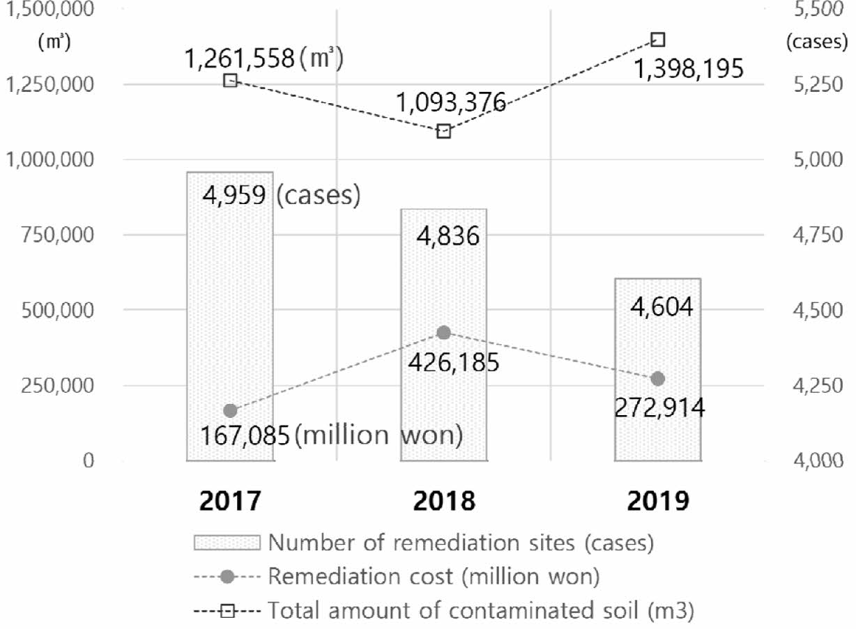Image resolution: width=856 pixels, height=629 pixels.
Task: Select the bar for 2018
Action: pyautogui.click(x=443, y=334)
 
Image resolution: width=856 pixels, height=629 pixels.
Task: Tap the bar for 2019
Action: pyautogui.click(x=657, y=369)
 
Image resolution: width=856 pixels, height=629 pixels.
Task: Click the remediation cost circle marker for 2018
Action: pyautogui.click(x=443, y=332)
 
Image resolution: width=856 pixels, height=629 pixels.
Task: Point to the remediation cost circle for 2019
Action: pyautogui.click(x=657, y=379)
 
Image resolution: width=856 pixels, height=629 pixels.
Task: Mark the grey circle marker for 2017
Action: pyautogui.click(x=230, y=410)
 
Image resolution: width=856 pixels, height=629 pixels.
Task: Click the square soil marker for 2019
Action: pyautogui.click(x=657, y=39)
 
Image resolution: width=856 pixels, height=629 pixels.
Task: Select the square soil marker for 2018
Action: pyautogui.click(x=443, y=131)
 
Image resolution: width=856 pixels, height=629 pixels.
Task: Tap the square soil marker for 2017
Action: pyautogui.click(x=230, y=80)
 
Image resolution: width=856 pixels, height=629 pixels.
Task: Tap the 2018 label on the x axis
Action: pyautogui.click(x=443, y=501)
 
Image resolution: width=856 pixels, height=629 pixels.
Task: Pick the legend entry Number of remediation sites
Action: pyautogui.click(x=460, y=543)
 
